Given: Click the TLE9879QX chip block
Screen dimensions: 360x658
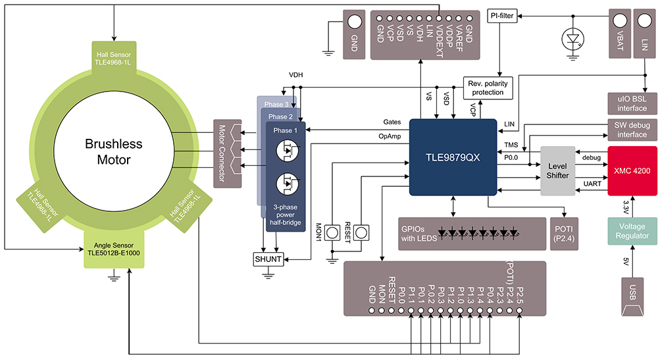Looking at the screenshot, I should coord(453,157).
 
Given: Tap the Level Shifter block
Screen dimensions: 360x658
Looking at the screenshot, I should coord(557,170).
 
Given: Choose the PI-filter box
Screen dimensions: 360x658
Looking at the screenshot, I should coord(502,16).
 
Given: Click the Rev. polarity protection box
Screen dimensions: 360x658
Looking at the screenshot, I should coord(487,88).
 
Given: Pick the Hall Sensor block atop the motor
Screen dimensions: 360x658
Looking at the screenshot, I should coord(113,58).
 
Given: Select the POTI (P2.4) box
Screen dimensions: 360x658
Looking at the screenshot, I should coord(564,232).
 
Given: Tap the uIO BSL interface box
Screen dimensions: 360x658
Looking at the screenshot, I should coord(631,103).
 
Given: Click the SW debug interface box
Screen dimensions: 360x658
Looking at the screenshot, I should coord(631,130).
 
